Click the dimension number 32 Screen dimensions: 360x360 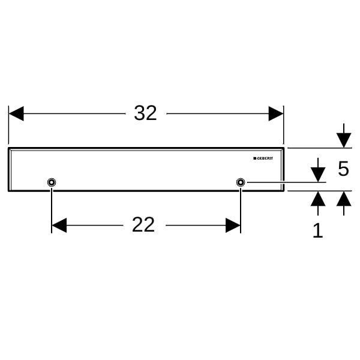145,113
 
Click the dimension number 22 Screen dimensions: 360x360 143,224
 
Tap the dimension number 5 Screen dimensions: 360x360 343,169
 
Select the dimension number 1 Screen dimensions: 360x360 318,230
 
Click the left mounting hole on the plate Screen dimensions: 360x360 52,182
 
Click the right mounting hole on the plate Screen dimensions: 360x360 241,182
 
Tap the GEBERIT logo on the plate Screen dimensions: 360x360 263,158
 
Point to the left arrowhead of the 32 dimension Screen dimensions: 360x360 16,113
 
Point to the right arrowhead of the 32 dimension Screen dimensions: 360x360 276,113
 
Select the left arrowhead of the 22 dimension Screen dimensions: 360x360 59,225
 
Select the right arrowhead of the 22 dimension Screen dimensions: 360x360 233,225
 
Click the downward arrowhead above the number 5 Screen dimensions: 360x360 344,140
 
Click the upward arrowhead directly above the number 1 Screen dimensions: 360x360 318,199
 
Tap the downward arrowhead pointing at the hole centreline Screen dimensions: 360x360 318,175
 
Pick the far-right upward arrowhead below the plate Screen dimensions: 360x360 344,199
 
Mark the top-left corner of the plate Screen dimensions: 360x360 8,148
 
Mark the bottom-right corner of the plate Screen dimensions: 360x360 284,191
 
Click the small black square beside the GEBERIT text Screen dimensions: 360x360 254,158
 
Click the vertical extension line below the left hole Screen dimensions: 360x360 52,211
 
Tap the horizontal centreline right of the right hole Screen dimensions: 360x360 287,182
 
